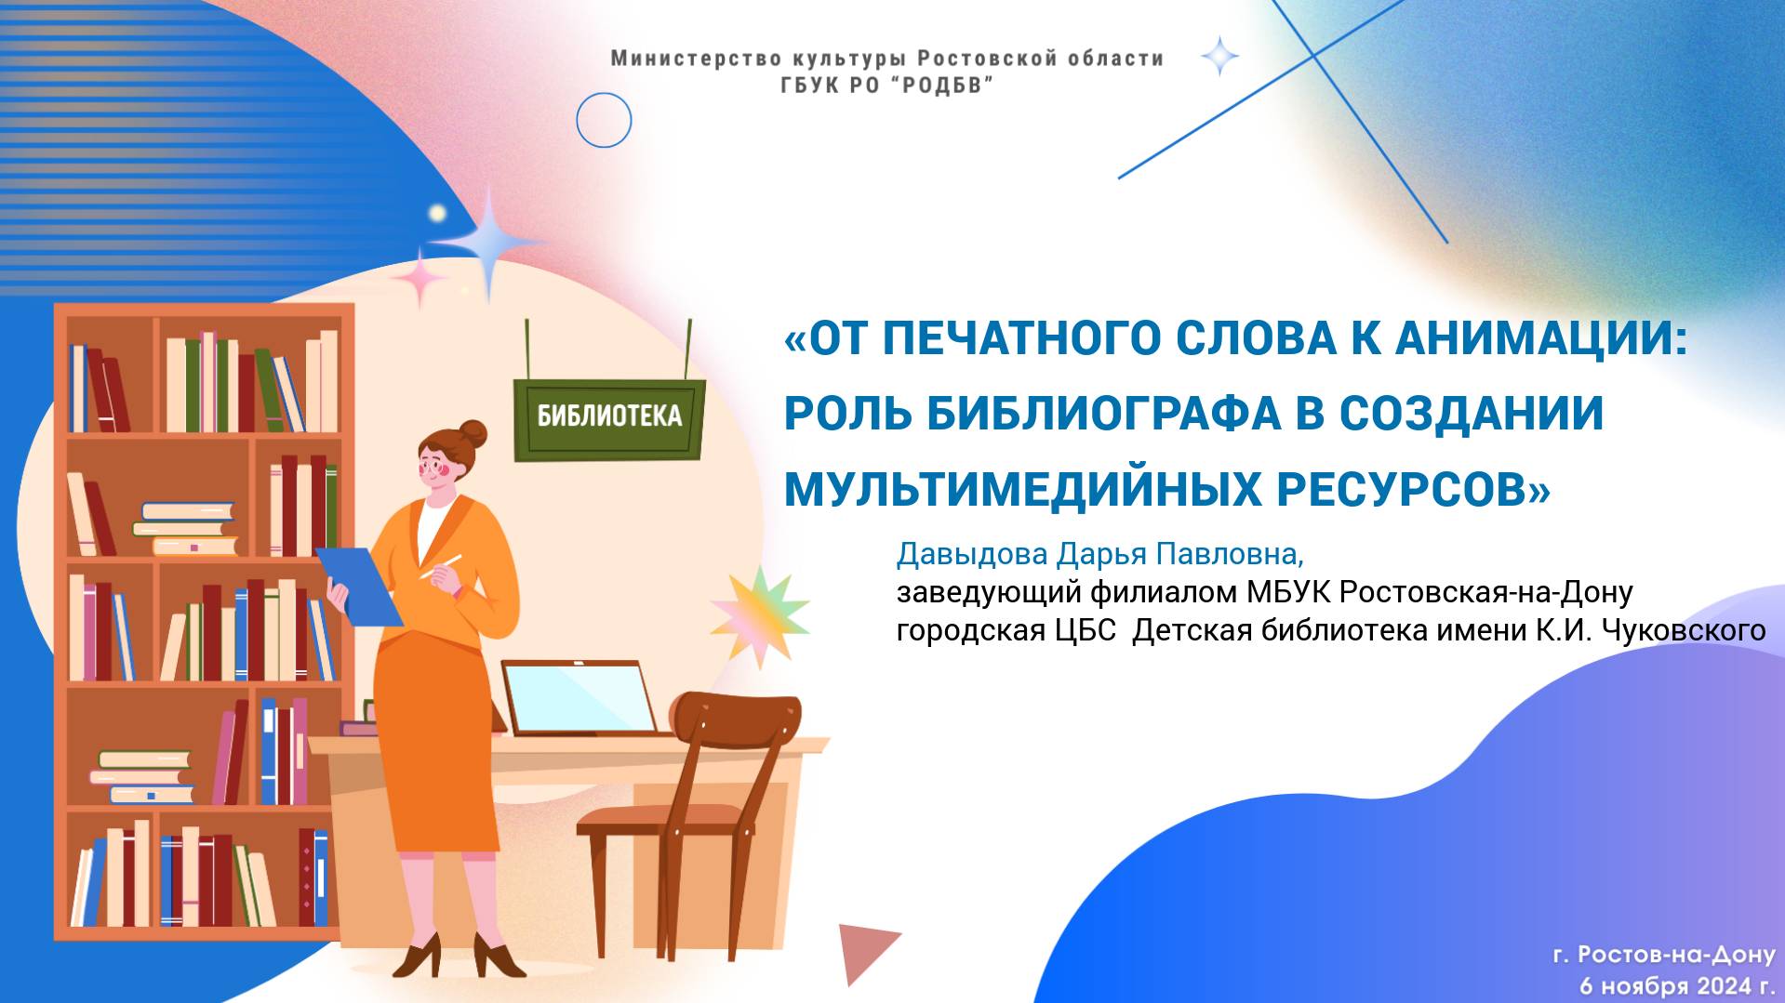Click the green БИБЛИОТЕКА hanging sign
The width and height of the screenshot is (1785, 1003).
coord(609,416)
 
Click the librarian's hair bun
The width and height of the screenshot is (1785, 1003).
coord(473,433)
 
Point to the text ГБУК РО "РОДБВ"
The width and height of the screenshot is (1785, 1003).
coord(886,86)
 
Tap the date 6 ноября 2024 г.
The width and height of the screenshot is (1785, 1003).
coord(1676,984)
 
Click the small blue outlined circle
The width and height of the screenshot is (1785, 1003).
coord(604,120)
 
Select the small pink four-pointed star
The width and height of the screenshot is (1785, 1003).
coord(419,278)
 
